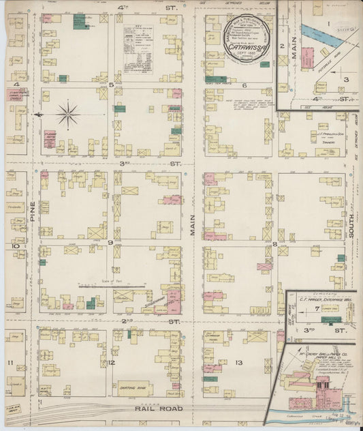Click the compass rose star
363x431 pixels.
(67, 114)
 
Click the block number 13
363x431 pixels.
(238, 362)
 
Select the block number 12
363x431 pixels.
(110, 362)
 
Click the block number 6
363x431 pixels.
(244, 85)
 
